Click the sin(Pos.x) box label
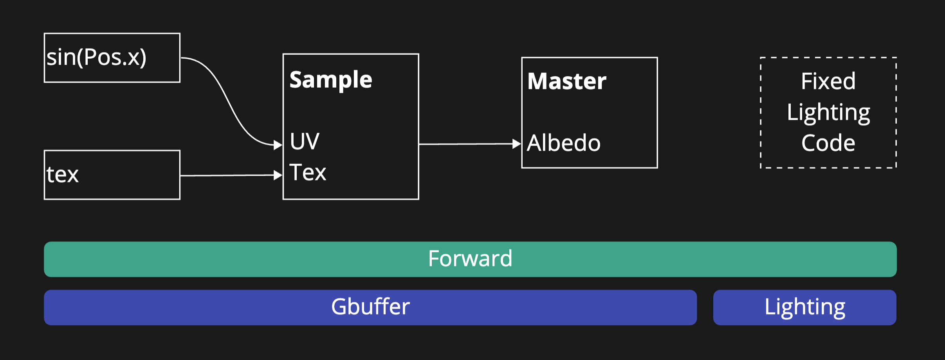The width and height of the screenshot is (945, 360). pos(96,58)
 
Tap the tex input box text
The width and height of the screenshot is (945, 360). pos(63,175)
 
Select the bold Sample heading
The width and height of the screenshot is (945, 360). pos(331,80)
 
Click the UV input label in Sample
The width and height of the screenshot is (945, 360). pos(305,141)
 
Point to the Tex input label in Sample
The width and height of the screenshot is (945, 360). pos(308,173)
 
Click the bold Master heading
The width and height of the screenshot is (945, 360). pos(566,81)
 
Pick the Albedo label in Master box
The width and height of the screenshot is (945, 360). pos(563,143)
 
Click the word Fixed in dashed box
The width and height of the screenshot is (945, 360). pos(828,81)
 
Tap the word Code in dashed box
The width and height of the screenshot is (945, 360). pos(828,143)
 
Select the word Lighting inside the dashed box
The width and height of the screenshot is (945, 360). pos(828,113)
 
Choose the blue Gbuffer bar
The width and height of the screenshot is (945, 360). pos(196,308)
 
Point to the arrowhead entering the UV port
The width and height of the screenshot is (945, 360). pos(278,145)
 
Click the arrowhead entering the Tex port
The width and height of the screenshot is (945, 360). pos(278,175)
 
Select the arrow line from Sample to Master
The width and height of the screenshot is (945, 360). pos(466,144)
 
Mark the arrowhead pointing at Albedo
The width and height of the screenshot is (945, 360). pos(517,144)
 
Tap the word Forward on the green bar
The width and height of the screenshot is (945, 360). pos(470,259)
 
